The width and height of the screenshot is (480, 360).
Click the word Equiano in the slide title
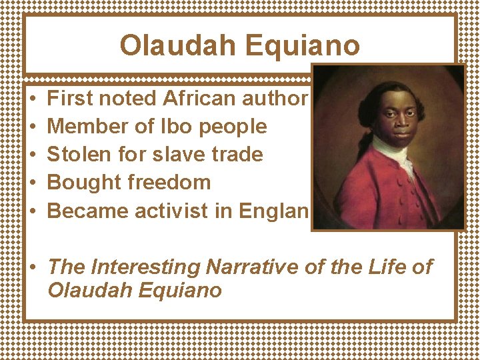click(x=303, y=46)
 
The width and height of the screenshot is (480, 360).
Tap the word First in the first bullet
click(x=70, y=99)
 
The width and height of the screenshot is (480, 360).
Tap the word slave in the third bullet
click(x=190, y=155)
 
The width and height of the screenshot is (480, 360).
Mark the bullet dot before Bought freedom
click(x=33, y=183)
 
